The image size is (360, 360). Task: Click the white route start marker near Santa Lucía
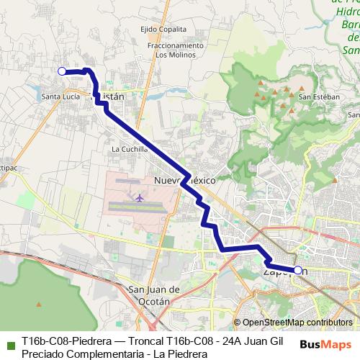point(62,71)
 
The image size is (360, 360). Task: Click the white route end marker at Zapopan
point(297,270)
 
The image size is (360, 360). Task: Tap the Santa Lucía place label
point(60,96)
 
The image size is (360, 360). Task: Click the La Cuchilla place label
point(130,150)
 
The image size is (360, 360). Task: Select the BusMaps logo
point(325,344)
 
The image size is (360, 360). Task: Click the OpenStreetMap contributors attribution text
point(297,323)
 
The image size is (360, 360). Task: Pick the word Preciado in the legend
point(42,354)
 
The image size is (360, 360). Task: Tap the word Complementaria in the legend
point(105,354)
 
